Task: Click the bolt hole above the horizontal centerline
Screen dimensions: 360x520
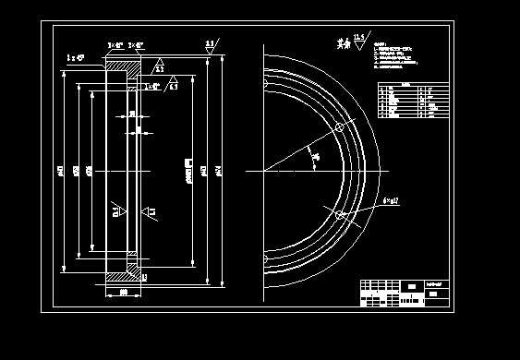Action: tap(339, 130)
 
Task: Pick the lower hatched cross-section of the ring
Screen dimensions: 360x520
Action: tap(123, 273)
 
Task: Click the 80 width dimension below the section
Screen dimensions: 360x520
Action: tap(123, 293)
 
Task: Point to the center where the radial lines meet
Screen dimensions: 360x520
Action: tap(265, 171)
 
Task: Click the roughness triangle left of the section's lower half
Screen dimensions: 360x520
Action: tap(116, 211)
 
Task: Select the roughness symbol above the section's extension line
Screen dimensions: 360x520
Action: tap(210, 46)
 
